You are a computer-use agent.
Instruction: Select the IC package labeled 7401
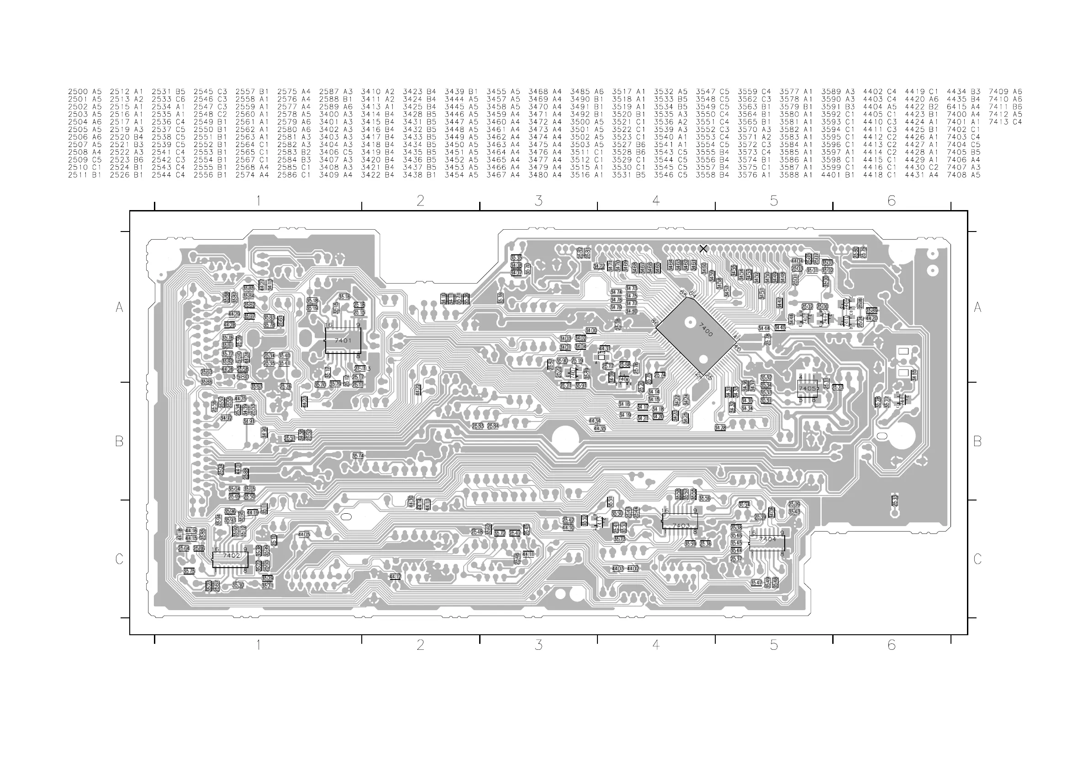click(343, 341)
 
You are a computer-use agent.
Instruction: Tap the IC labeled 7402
click(230, 559)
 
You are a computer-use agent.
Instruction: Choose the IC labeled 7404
click(767, 543)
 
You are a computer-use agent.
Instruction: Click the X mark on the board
click(703, 249)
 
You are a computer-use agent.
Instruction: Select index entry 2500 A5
click(85, 91)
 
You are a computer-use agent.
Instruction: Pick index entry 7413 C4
click(1005, 122)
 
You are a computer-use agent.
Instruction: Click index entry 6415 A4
click(963, 106)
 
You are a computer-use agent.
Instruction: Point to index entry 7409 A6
click(1005, 91)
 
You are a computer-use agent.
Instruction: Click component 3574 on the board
click(358, 456)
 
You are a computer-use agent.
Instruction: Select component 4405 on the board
click(304, 534)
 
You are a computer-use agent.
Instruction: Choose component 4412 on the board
click(395, 577)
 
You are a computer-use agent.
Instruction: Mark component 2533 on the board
click(895, 500)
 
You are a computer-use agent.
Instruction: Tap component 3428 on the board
click(720, 428)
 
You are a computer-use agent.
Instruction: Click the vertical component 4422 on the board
click(417, 390)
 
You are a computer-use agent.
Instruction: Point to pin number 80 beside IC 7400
click(655, 322)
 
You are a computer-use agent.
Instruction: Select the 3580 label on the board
click(241, 377)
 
